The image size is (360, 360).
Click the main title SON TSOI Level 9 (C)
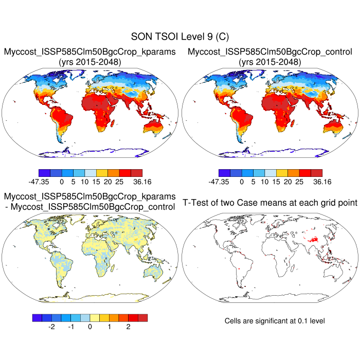(180, 37)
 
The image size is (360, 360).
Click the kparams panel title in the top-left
(91, 52)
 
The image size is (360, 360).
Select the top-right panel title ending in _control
(270, 52)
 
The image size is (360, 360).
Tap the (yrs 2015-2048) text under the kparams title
(91, 62)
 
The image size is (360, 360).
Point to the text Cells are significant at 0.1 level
(275, 321)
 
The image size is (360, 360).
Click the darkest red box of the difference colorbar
(142, 318)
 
